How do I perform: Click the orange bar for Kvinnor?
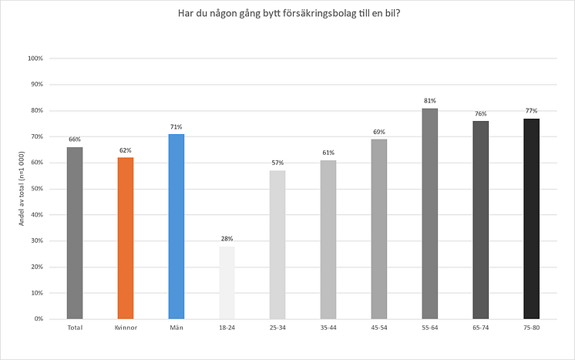[126, 237]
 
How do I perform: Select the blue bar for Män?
[177, 226]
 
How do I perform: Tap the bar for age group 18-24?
[227, 282]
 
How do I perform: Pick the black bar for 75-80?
[531, 218]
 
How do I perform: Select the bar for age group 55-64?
[429, 214]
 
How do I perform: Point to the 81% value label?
[429, 100]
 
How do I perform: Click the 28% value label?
[227, 238]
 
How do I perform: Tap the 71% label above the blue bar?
[177, 126]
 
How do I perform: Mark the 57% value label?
[277, 163]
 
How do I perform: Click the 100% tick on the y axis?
[35, 59]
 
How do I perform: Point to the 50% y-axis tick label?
[36, 189]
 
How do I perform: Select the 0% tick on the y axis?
[39, 318]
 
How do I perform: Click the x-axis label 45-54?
[378, 328]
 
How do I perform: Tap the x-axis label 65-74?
[480, 328]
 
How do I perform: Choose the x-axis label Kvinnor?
[126, 328]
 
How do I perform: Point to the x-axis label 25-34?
[277, 328]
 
